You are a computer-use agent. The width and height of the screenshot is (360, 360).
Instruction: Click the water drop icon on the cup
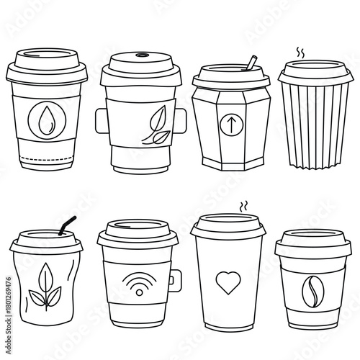click(46, 116)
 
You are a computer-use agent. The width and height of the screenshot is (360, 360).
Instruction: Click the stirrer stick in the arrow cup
click(251, 63)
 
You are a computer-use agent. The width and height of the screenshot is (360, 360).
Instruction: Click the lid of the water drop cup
click(47, 64)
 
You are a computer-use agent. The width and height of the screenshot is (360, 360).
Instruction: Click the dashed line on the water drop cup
click(47, 157)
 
